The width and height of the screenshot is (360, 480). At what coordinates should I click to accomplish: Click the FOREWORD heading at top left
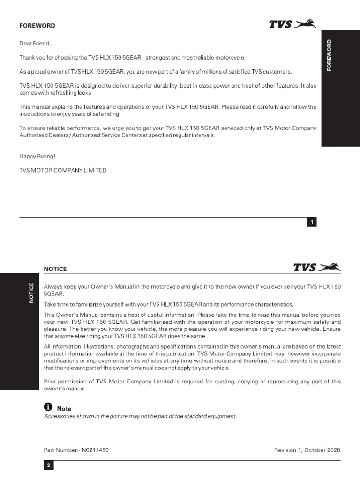(37, 26)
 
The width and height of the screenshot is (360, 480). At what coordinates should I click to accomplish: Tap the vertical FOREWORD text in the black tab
(329, 55)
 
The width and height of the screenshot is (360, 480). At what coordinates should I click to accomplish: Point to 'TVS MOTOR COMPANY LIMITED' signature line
(63, 170)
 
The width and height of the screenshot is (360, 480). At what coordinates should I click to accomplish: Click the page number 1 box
(312, 222)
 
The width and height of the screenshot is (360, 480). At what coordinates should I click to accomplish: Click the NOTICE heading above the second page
(55, 269)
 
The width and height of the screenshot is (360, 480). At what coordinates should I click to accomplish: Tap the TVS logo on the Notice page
(317, 267)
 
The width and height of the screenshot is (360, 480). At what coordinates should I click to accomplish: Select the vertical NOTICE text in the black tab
(31, 293)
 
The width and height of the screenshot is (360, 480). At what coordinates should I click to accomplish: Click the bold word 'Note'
(64, 409)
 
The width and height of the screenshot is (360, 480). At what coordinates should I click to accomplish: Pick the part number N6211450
(96, 450)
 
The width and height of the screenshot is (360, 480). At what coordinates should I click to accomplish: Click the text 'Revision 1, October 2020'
(307, 450)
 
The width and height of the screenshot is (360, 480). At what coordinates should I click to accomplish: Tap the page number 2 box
(49, 466)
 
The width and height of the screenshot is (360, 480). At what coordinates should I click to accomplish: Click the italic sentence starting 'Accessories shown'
(140, 416)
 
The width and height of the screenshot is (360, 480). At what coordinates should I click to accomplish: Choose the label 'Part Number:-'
(61, 450)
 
